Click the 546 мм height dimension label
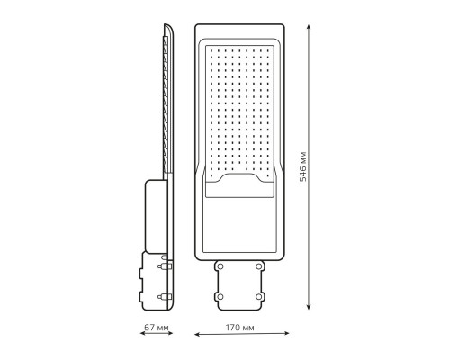click(x=303, y=166)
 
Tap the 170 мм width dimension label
click(x=239, y=328)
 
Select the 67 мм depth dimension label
click(x=157, y=327)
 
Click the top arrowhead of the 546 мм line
click(x=309, y=27)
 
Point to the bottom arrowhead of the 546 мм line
click(x=309, y=307)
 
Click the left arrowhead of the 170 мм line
click(x=197, y=334)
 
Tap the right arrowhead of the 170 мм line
click(x=286, y=333)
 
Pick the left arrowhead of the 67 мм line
click(x=143, y=333)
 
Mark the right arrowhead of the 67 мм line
click(x=170, y=333)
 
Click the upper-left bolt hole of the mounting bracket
click(x=220, y=266)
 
